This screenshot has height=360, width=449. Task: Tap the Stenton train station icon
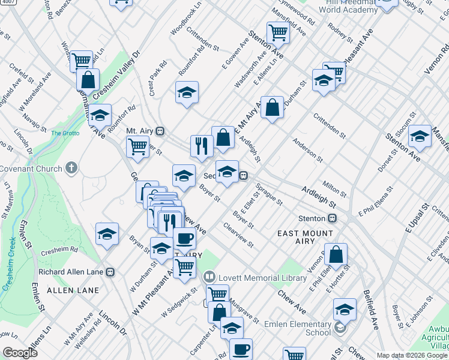[x=331, y=218]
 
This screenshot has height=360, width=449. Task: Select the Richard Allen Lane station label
[x=71, y=272]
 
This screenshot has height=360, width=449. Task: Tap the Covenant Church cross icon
[x=71, y=168]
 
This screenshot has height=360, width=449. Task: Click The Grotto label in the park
[x=65, y=133]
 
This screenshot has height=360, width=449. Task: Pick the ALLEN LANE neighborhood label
[x=65, y=290]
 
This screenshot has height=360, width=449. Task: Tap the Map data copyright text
[x=411, y=355]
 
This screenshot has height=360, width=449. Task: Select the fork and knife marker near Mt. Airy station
[x=202, y=145]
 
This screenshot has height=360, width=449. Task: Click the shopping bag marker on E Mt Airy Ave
[x=272, y=108]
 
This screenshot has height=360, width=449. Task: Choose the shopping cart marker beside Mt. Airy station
[x=138, y=146]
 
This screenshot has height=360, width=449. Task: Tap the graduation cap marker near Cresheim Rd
[x=107, y=234]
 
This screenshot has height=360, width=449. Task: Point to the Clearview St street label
[x=238, y=236]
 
